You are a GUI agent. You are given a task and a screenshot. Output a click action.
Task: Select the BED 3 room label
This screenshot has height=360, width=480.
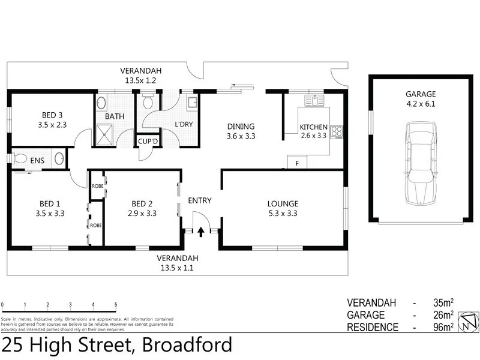[x=52, y=115]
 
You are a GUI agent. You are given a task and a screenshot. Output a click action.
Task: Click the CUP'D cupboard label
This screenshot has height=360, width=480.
[x=148, y=142]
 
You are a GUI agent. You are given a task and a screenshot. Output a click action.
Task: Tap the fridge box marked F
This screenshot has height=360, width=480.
[x=297, y=162]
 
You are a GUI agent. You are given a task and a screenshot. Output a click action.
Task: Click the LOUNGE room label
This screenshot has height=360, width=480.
[x=283, y=203]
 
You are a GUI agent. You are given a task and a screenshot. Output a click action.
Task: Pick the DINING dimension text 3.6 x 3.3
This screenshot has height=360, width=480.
[x=241, y=136]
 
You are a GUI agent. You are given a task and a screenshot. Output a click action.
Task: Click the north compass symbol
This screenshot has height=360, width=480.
[x=466, y=322]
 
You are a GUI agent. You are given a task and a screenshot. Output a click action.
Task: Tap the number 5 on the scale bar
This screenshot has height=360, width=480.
[x=116, y=305]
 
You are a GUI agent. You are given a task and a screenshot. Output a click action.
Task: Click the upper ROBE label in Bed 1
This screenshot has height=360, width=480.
[x=97, y=186]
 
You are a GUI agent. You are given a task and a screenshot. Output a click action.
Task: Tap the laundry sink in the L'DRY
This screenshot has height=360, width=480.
[x=191, y=103]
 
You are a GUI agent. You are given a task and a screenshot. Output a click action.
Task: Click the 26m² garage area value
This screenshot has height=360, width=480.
[x=443, y=315]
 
